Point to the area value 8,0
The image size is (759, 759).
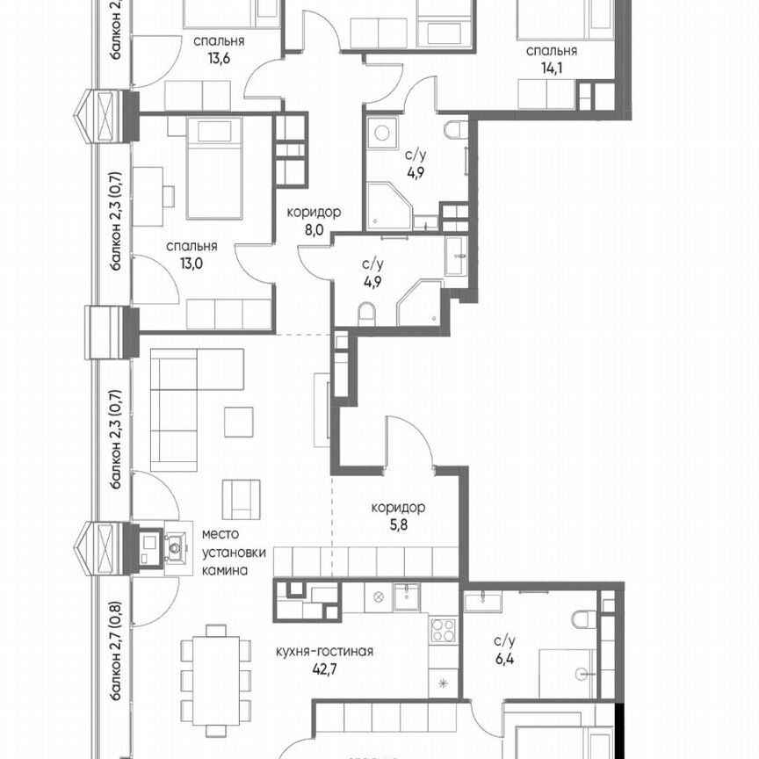coord(314,229)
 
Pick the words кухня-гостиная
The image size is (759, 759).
coord(325,652)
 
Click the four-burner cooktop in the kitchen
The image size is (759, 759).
coord(442,631)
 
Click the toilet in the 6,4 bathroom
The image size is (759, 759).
coord(582,619)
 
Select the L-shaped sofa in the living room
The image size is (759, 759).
coord(184,408)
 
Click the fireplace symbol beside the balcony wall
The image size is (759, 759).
coord(174,549)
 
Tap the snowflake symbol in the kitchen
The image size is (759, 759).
coord(442,683)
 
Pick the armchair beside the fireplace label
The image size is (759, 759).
coord(242,500)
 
